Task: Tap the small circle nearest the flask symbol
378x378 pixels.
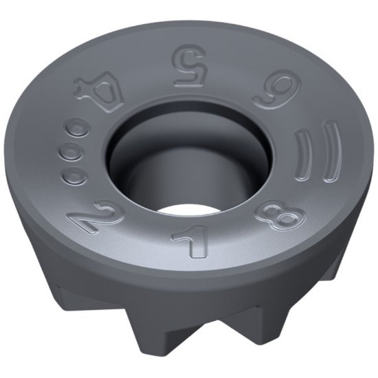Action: click(80, 126)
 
